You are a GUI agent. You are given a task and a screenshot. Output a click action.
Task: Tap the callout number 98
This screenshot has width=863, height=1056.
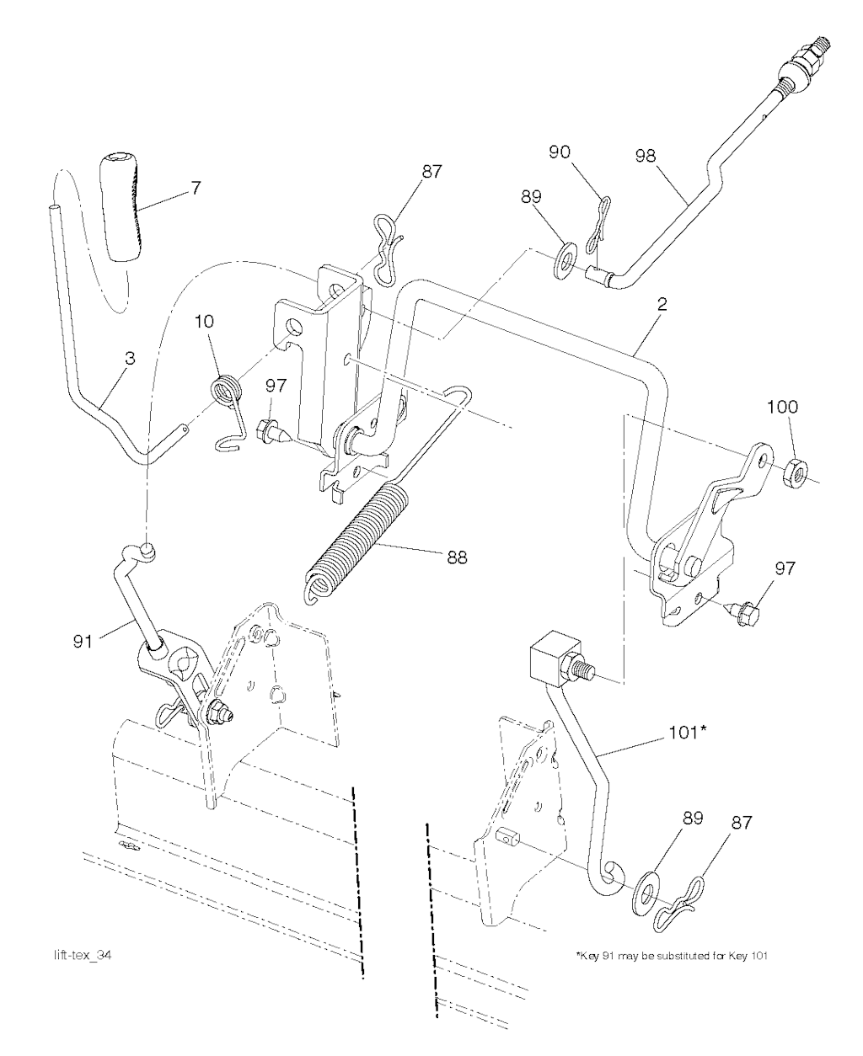point(645,156)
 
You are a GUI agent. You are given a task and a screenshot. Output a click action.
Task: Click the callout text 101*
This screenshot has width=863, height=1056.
point(688,733)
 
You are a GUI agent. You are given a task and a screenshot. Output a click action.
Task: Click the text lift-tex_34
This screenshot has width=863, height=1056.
point(83,955)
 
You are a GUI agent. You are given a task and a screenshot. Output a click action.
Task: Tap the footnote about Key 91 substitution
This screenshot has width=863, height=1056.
point(672,956)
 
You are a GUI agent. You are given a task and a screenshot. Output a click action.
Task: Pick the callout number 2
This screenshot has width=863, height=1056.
point(662,304)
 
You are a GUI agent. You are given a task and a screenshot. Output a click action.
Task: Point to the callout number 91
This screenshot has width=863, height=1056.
point(83,642)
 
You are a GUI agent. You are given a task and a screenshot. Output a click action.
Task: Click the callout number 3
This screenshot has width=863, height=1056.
point(130,358)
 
